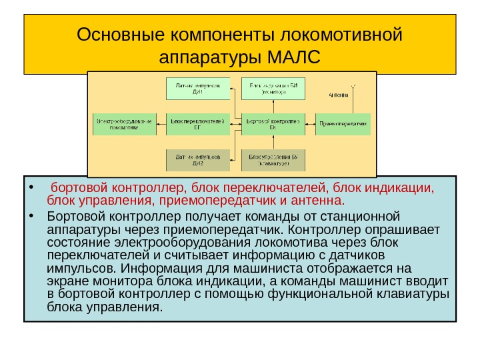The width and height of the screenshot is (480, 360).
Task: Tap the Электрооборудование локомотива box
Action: (x=125, y=124)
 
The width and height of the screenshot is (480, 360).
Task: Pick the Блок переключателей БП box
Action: (x=198, y=124)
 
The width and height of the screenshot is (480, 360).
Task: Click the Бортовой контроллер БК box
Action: (x=273, y=124)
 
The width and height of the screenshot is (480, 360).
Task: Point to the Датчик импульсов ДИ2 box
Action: (x=198, y=159)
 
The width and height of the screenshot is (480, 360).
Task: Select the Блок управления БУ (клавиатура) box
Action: (x=273, y=159)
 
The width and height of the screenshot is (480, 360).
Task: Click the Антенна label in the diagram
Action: (x=339, y=95)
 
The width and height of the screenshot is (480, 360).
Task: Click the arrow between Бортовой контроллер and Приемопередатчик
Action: (x=310, y=124)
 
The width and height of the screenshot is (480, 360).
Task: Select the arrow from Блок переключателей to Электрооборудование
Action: (x=161, y=124)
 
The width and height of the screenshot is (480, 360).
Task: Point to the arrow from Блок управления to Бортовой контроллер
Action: (x=273, y=143)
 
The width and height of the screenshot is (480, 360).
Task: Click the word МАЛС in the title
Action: (x=293, y=55)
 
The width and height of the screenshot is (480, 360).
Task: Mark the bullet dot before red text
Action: (x=31, y=187)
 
